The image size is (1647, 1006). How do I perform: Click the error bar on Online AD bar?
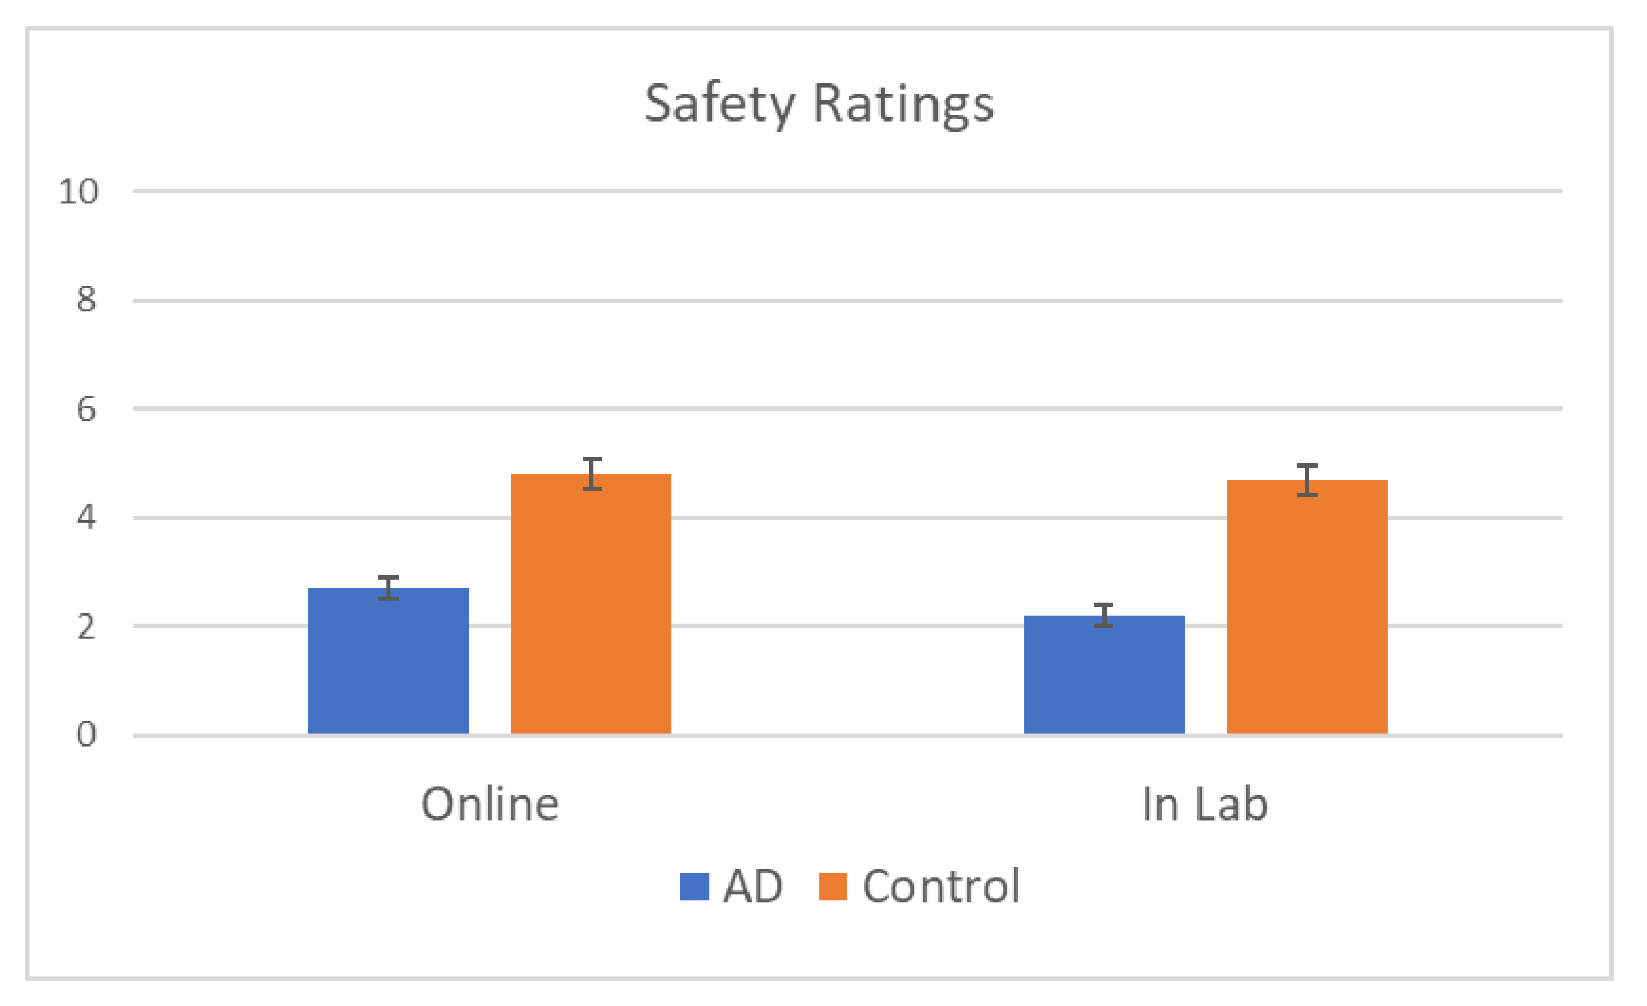[x=388, y=588]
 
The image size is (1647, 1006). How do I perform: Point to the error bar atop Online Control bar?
[x=592, y=474]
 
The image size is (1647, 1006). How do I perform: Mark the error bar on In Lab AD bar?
[x=1103, y=615]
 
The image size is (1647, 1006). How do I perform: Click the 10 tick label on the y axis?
[x=79, y=192]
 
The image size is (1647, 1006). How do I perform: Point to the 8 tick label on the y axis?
[x=86, y=300]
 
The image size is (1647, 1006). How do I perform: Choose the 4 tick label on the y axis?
[x=86, y=517]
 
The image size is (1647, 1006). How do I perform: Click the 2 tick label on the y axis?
[x=86, y=627]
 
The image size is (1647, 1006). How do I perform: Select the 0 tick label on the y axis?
[x=86, y=734]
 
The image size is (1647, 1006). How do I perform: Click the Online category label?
[x=490, y=804]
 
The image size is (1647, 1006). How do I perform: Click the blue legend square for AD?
[x=695, y=887]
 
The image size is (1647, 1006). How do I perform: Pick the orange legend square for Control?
[x=833, y=887]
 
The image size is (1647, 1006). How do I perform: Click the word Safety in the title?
[x=719, y=105]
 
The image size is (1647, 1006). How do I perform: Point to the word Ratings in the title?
[x=904, y=105]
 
